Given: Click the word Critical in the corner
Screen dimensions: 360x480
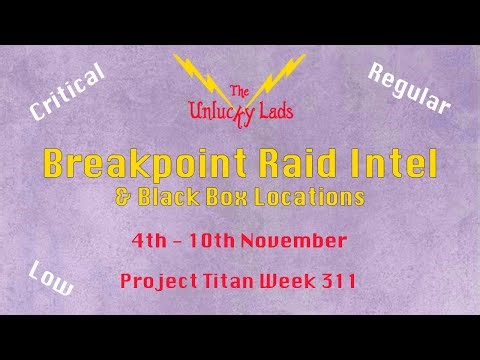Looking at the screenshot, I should point(68,98).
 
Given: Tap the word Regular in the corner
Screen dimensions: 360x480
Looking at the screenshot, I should point(410,87).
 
